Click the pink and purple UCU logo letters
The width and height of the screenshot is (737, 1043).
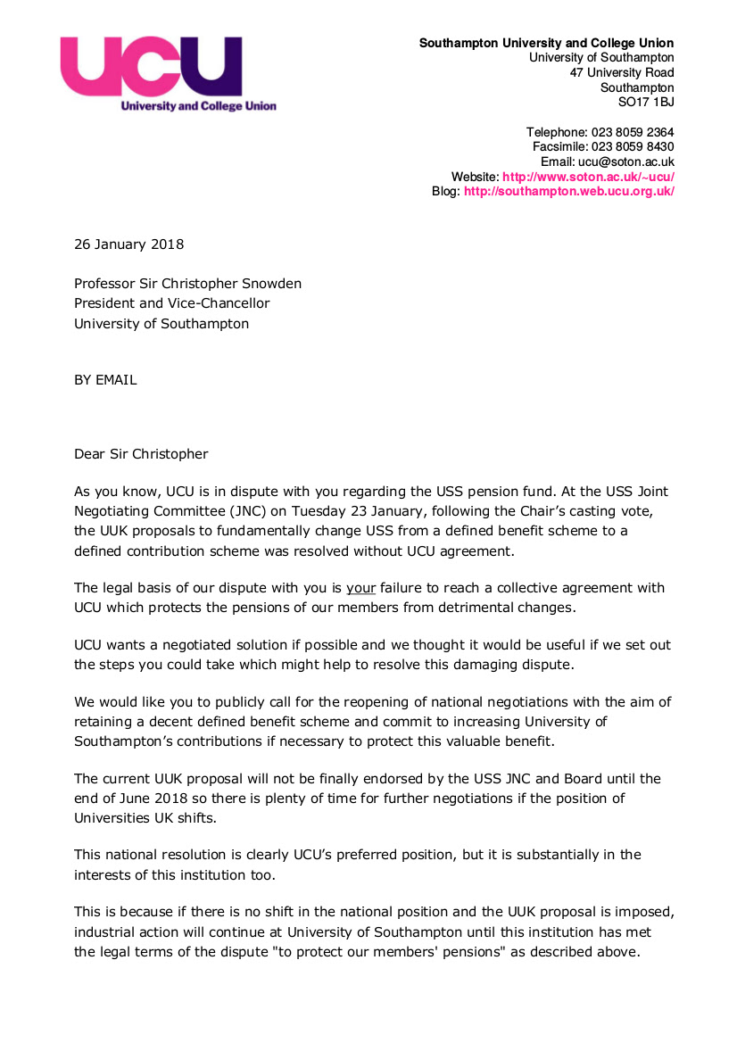151,67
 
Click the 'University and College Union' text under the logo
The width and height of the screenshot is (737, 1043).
199,106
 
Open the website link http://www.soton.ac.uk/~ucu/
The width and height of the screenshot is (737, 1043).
588,178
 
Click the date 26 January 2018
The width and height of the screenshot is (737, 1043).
129,244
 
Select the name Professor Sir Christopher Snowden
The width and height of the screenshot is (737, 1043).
187,284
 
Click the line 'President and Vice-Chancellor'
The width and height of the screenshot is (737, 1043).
171,303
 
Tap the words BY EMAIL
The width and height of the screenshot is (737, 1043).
105,379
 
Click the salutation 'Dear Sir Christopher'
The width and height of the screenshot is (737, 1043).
141,454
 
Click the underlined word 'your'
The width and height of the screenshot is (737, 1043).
361,589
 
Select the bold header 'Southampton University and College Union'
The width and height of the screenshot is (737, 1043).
546,43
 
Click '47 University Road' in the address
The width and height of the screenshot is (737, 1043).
622,72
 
